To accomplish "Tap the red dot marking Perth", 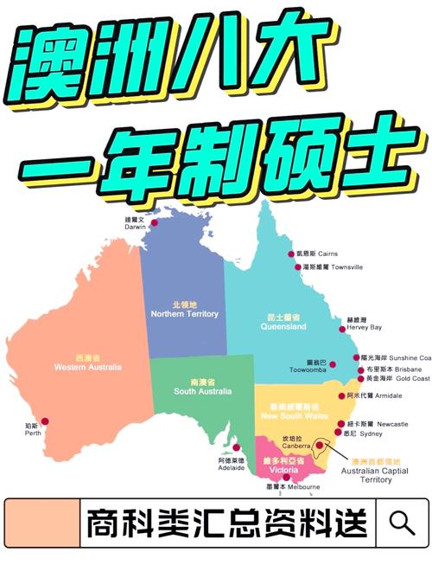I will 45,421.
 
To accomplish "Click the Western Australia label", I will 87,363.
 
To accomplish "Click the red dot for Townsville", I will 292,267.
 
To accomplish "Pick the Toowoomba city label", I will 308,365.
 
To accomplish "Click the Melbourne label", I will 293,487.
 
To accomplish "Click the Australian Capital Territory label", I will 366,472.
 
